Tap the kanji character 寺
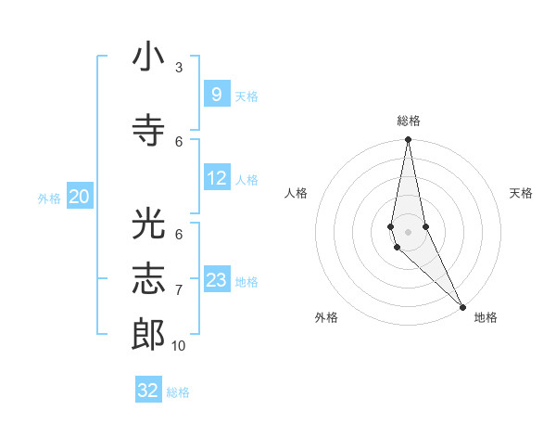point(148,129)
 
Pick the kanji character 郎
point(148,334)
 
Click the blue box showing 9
point(216,95)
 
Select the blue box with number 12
point(216,178)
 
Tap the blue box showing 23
point(216,280)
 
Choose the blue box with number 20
point(80,197)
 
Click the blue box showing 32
point(148,391)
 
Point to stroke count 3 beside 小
point(179,67)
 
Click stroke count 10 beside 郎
point(178,346)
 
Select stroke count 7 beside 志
point(179,290)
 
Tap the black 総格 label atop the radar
point(409,121)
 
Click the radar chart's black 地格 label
point(486,317)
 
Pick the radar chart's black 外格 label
point(326,317)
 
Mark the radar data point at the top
point(408,140)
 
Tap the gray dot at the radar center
point(408,231)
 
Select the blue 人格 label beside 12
point(246,180)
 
